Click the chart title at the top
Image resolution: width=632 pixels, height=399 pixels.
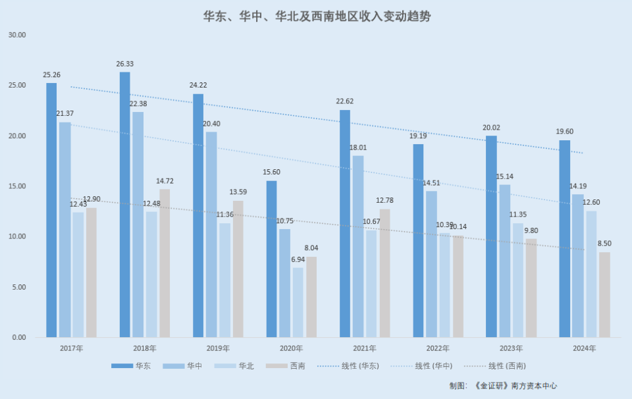(317, 16)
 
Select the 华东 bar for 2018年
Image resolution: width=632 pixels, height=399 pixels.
(124, 204)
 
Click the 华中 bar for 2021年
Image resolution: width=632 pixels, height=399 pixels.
(358, 246)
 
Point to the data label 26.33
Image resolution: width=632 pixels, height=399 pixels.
(124, 64)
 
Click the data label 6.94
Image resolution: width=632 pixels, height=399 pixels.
(298, 259)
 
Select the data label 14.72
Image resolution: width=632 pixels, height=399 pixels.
(165, 181)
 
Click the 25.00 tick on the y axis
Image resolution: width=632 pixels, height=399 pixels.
(17, 86)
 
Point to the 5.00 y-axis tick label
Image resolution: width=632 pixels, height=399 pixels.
(18, 287)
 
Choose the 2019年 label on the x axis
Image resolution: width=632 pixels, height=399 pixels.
(218, 348)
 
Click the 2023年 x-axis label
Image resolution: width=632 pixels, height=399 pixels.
(511, 348)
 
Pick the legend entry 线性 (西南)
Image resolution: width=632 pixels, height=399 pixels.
(507, 365)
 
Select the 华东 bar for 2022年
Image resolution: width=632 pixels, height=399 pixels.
(418, 240)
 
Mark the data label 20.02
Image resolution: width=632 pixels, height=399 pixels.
(491, 128)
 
